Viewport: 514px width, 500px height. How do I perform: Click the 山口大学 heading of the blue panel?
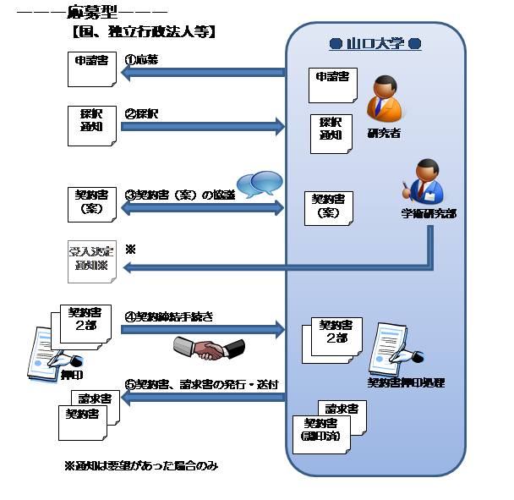(375, 44)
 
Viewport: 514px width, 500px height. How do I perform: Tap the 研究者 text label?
(384, 133)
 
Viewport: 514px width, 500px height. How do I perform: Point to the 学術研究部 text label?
(429, 214)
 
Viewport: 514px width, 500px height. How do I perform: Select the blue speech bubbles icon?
(259, 184)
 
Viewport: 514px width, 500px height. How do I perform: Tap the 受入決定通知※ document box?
(90, 260)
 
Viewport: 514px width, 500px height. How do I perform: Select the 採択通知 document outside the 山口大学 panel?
(90, 125)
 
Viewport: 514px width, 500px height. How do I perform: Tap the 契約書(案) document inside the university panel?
(328, 207)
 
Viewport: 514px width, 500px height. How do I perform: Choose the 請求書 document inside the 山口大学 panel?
(342, 415)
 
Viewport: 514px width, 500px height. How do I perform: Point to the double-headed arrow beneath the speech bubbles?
(203, 206)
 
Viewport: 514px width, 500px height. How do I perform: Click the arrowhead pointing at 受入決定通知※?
(128, 267)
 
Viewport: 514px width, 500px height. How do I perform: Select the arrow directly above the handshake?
(203, 328)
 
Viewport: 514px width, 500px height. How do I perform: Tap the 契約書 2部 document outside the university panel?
(85, 324)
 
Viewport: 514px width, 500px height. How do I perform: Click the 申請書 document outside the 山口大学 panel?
(90, 69)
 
